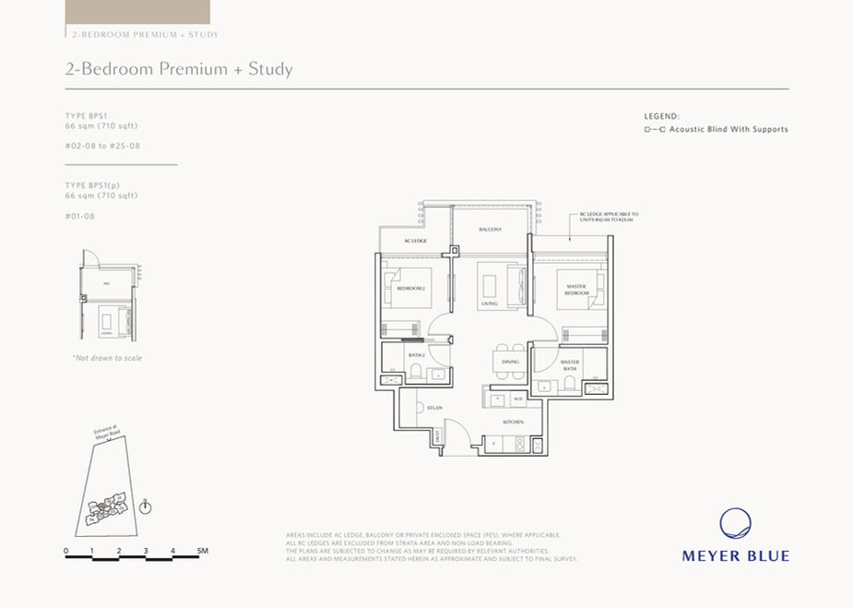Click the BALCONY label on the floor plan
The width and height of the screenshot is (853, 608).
point(490,230)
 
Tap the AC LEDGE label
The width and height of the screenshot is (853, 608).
point(415,242)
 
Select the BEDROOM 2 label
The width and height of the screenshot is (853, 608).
point(410,289)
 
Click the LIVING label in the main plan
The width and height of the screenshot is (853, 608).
point(489,303)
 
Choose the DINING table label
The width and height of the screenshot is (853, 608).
point(510,362)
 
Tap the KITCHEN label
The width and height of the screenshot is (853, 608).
point(514,422)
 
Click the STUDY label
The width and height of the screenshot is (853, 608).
point(434,407)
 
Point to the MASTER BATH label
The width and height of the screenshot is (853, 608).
point(569,364)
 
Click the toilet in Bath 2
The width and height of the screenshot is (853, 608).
point(417,372)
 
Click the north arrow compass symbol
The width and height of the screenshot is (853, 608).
point(145,507)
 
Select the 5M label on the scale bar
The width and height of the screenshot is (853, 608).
point(203,551)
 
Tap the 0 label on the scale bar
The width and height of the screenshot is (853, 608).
point(66,551)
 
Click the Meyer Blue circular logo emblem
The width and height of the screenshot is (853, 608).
point(735,524)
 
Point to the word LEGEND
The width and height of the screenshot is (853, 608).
point(661,117)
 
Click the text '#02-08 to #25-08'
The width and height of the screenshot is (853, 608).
point(102,146)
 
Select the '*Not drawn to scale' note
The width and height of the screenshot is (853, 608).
point(107,358)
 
